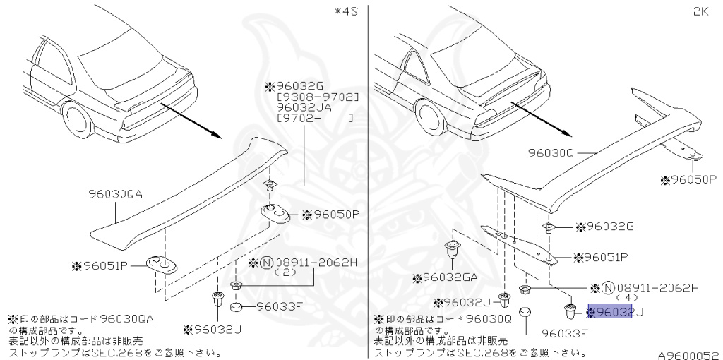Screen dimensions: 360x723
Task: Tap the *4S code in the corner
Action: click(x=346, y=11)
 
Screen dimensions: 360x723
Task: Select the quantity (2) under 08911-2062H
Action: click(x=285, y=272)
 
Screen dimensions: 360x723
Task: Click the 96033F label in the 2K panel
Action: click(x=565, y=333)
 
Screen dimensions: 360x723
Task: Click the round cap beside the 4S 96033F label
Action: click(x=237, y=306)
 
